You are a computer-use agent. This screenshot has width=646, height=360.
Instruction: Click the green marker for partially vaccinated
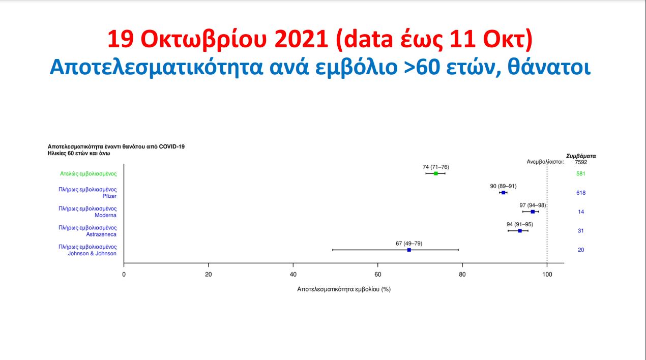click(436, 173)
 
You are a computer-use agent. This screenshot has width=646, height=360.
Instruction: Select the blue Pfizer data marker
click(504, 193)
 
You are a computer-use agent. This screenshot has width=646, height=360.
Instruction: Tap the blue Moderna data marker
click(533, 212)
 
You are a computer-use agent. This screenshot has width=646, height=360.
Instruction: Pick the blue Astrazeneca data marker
click(520, 231)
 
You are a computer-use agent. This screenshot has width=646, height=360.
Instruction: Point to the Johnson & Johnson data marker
click(409, 250)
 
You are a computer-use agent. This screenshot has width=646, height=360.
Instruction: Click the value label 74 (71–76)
click(436, 167)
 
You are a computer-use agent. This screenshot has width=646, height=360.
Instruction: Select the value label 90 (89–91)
click(503, 186)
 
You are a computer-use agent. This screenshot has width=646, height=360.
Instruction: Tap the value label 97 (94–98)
click(533, 205)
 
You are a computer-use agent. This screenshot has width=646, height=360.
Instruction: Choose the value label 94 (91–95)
click(520, 224)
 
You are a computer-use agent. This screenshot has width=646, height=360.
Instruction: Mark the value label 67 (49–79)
click(409, 243)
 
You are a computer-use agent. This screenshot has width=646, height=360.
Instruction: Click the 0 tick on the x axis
click(124, 275)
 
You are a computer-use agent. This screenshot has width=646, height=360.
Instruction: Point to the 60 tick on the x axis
click(377, 275)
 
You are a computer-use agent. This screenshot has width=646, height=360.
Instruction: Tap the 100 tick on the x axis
click(547, 275)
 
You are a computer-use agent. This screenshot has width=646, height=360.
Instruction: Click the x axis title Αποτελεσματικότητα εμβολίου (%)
click(344, 289)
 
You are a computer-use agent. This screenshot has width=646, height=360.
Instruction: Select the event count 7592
click(581, 162)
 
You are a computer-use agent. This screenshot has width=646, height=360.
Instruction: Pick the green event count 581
click(581, 173)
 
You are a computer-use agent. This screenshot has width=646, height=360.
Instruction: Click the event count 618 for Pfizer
click(581, 193)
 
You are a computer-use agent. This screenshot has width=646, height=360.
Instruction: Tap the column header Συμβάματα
click(581, 156)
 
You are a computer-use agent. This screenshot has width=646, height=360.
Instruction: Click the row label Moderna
click(106, 215)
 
